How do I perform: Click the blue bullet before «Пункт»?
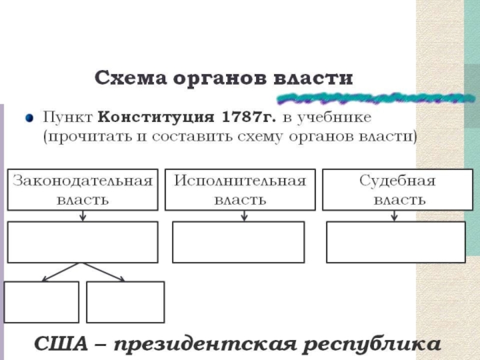tap(29, 116)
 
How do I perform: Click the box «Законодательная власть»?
tap(82, 190)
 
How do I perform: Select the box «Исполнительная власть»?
tap(240, 190)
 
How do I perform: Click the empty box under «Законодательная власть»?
tap(82, 242)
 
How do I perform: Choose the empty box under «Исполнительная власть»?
tap(238, 242)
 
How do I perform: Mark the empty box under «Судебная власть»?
tap(395, 242)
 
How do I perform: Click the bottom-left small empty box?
tap(41, 302)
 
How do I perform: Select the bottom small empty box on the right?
tap(125, 302)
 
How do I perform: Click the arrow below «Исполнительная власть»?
tap(244, 216)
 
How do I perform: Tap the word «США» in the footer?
tap(58, 344)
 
